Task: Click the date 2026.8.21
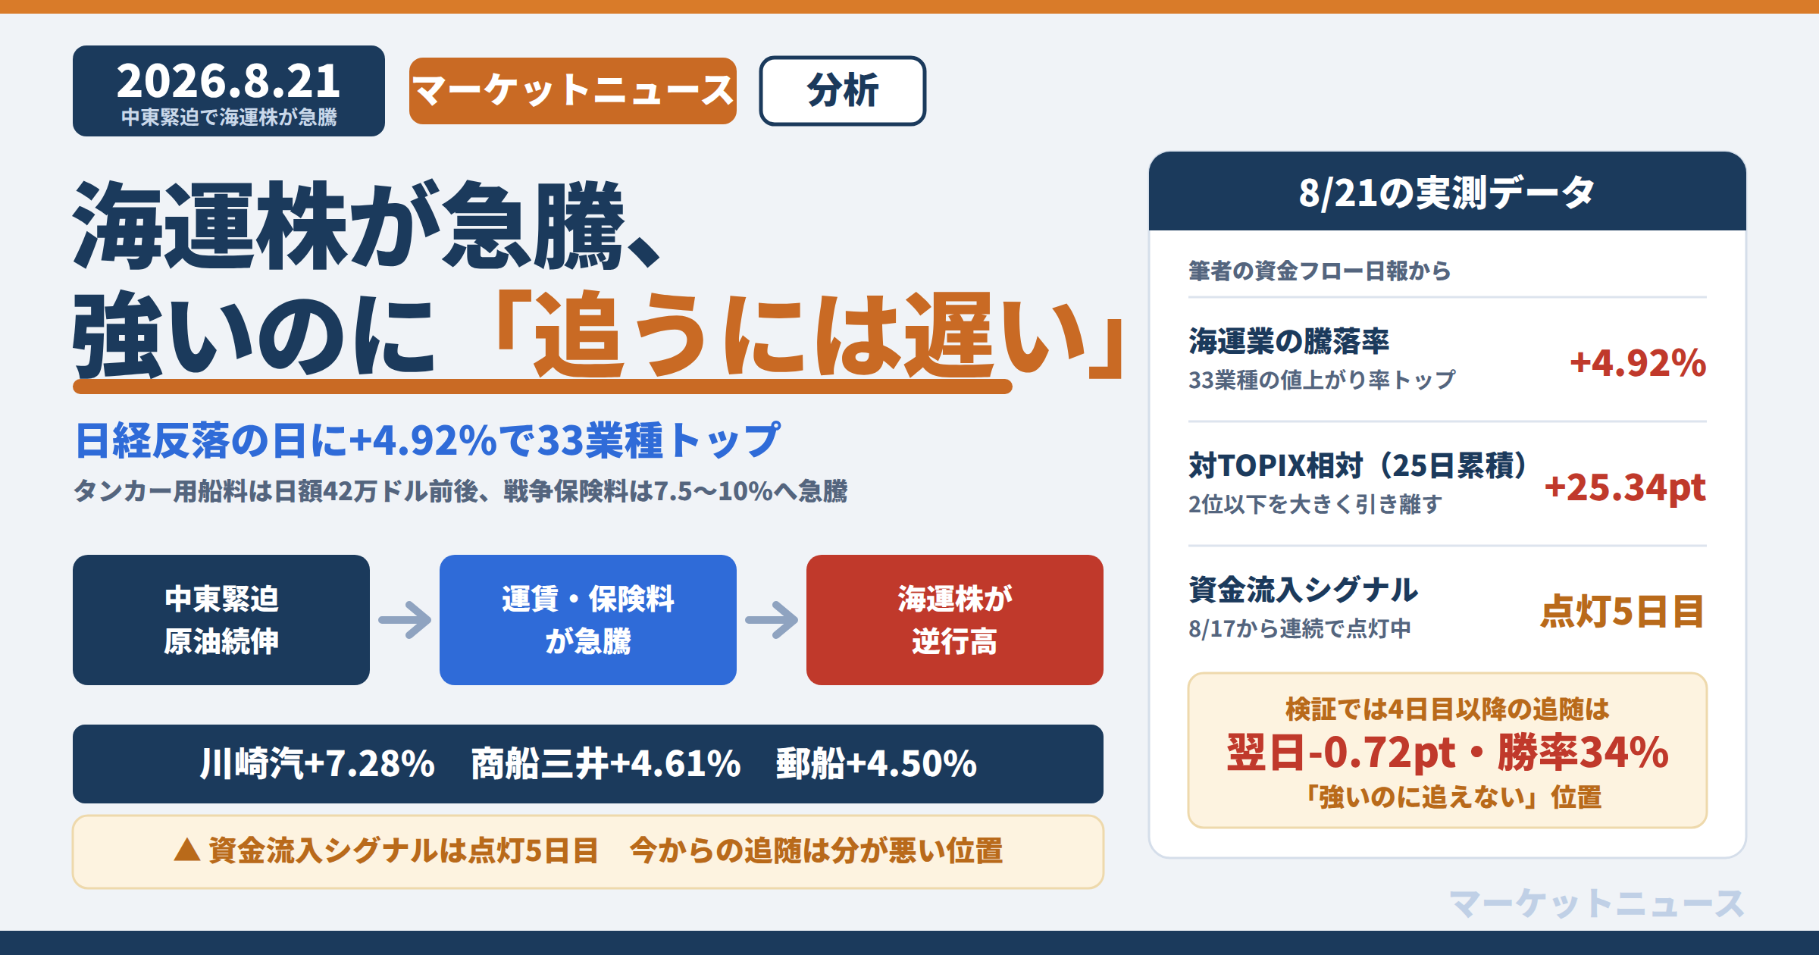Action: click(228, 80)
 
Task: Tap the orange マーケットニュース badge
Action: click(573, 91)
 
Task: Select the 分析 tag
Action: click(843, 91)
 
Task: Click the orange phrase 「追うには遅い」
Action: click(809, 335)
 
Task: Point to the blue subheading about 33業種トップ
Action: click(427, 440)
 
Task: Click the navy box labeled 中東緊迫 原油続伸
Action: click(221, 620)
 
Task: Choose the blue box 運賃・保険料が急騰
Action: click(588, 620)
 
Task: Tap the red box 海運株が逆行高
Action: click(955, 620)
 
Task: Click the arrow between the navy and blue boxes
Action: click(405, 620)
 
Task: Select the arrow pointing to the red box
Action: click(772, 620)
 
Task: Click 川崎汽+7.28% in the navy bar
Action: click(318, 764)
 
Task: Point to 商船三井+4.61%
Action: click(606, 764)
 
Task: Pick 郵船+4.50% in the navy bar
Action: click(876, 764)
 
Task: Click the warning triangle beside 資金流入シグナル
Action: click(187, 850)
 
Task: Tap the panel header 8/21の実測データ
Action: click(1447, 193)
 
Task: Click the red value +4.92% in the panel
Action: click(1638, 363)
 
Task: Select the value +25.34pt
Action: click(1625, 487)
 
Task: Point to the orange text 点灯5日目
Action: click(1623, 612)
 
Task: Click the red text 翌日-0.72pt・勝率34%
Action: click(1448, 753)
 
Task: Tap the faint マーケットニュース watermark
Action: click(1597, 903)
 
